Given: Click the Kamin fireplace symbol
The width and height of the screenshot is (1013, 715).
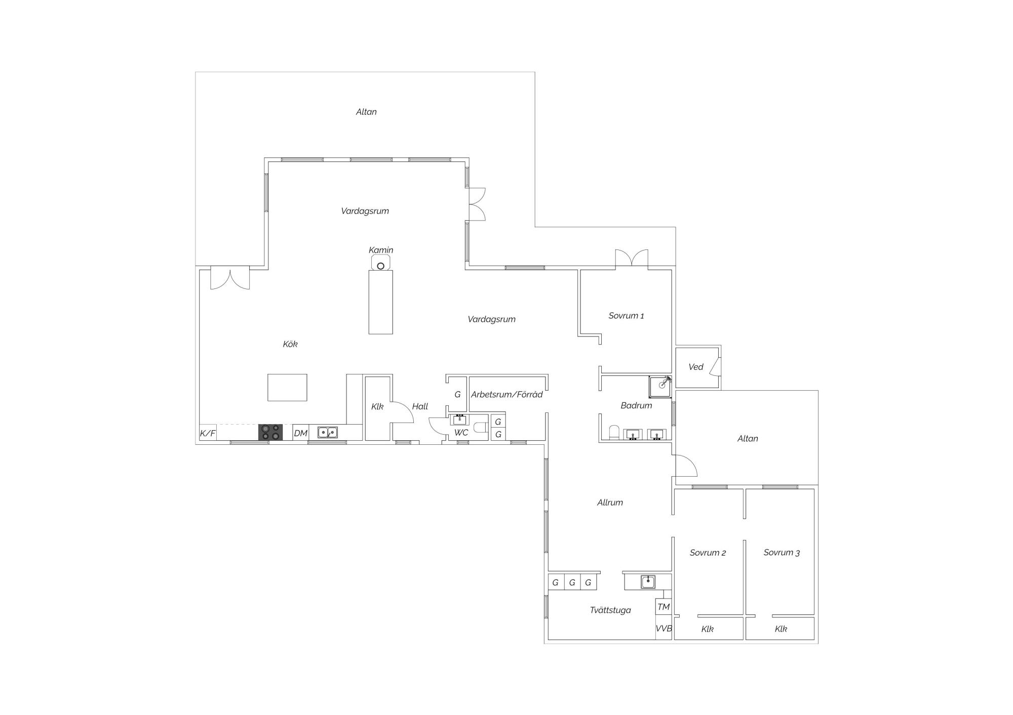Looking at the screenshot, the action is (380, 263).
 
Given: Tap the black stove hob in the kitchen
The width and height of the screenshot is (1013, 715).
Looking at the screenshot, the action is (270, 432).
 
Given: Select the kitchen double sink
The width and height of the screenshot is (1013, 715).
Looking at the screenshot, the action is (328, 432).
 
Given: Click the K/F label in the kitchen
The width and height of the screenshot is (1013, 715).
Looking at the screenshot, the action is (208, 433).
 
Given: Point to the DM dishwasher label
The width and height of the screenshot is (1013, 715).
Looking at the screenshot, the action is (301, 433).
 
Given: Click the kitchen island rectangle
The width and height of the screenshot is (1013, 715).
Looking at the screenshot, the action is (287, 388).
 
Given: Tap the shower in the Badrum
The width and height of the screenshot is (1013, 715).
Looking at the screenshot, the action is (661, 387).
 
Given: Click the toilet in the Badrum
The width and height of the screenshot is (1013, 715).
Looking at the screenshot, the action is (614, 432).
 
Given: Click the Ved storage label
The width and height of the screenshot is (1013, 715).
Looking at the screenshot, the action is (696, 367).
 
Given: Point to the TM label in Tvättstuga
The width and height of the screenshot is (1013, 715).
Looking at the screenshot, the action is (664, 607).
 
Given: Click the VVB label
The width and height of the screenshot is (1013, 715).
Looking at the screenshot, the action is (664, 628).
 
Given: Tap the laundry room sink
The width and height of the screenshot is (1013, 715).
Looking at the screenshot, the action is (648, 582).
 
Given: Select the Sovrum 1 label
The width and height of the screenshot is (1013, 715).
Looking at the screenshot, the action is (627, 316).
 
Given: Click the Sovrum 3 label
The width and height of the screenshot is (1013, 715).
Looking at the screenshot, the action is (782, 553).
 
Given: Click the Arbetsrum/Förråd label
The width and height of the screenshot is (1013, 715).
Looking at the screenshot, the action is (507, 394).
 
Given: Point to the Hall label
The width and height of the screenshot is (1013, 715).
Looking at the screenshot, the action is (420, 406).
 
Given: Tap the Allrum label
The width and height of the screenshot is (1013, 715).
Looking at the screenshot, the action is (610, 502).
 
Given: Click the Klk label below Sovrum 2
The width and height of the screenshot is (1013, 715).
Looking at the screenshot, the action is (708, 629).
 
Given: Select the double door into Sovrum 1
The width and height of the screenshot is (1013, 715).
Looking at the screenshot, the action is (632, 259).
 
